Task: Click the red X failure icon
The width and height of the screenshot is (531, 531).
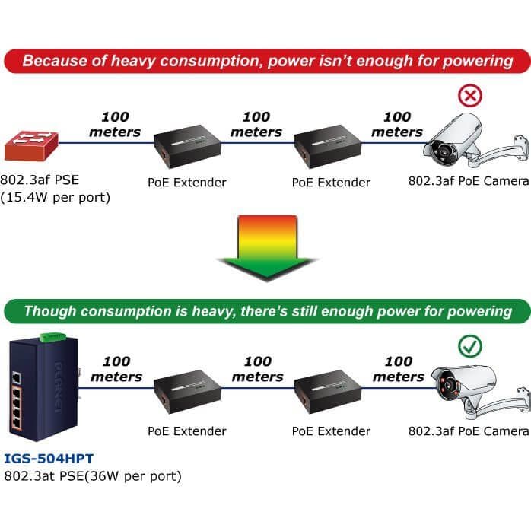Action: [x=470, y=96]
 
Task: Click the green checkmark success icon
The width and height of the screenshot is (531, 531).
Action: [x=470, y=346]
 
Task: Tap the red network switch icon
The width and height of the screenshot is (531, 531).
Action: [x=31, y=145]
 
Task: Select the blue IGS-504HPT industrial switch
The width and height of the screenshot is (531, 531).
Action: [x=44, y=388]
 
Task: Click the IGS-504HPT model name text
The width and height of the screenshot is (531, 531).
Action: [x=49, y=459]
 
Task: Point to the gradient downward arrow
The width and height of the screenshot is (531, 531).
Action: [x=267, y=248]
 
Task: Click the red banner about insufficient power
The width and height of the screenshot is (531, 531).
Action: [x=267, y=61]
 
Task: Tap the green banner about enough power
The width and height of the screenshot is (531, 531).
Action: [x=267, y=311]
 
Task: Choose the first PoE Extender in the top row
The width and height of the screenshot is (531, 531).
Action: [x=187, y=146]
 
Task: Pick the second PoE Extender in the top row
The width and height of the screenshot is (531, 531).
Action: [x=328, y=146]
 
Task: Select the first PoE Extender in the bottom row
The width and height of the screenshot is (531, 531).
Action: [x=187, y=392]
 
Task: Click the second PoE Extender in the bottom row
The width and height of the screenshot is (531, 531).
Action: [x=328, y=392]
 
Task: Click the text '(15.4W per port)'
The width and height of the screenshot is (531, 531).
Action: [x=56, y=198]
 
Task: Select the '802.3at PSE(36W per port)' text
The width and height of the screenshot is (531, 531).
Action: [x=93, y=476]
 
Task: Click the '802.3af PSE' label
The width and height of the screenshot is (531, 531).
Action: [x=40, y=180]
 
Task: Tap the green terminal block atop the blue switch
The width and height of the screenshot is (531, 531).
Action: [x=53, y=337]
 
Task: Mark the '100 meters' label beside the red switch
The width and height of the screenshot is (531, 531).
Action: [x=115, y=124]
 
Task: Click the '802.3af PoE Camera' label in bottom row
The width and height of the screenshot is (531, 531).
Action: [x=469, y=431]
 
